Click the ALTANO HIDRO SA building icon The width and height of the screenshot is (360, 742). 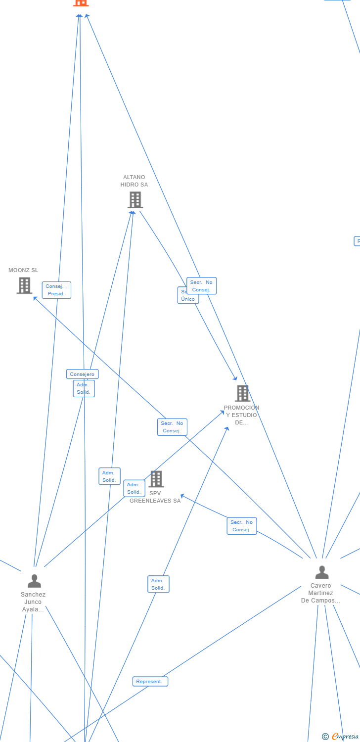(135, 200)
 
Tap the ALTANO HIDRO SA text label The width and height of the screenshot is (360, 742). (134, 181)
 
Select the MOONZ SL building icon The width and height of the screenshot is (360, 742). (24, 285)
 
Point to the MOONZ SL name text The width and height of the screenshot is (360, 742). (23, 270)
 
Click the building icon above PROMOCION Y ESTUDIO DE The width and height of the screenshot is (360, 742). (242, 393)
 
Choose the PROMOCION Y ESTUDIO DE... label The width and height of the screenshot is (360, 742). (241, 415)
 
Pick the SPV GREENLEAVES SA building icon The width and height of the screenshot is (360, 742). (156, 479)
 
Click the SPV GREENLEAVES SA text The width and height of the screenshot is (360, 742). (155, 497)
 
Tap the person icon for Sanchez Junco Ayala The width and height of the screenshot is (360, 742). (34, 581)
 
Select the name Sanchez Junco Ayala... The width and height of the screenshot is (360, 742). (33, 602)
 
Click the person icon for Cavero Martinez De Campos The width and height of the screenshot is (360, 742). (322, 572)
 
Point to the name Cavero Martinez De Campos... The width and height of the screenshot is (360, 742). (320, 593)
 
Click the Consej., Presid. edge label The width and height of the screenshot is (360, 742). (56, 290)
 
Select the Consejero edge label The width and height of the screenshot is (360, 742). (82, 374)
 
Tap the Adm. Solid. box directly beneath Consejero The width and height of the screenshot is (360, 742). (84, 388)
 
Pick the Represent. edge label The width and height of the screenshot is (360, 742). (150, 681)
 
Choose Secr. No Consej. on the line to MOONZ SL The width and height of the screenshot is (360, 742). (172, 427)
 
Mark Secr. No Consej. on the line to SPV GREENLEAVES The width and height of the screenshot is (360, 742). (242, 526)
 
